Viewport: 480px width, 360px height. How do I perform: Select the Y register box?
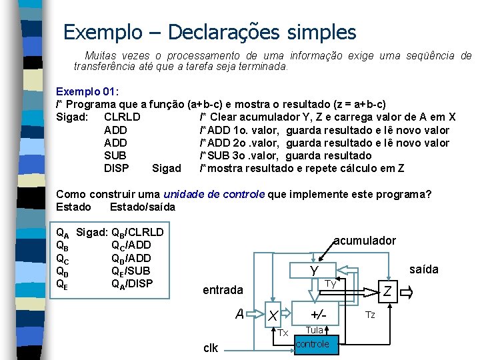(314, 271)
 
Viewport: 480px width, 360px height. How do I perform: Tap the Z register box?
(387, 291)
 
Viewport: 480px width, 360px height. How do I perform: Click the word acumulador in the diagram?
(365, 241)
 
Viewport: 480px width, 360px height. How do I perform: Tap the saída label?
(423, 269)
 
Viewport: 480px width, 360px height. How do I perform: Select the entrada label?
(223, 290)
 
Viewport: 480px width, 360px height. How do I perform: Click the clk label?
(210, 347)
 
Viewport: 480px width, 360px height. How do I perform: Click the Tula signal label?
(315, 330)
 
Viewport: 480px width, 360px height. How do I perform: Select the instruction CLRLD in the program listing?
(122, 117)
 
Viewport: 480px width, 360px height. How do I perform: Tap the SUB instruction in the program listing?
(115, 155)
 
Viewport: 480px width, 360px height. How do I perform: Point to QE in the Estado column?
(62, 283)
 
